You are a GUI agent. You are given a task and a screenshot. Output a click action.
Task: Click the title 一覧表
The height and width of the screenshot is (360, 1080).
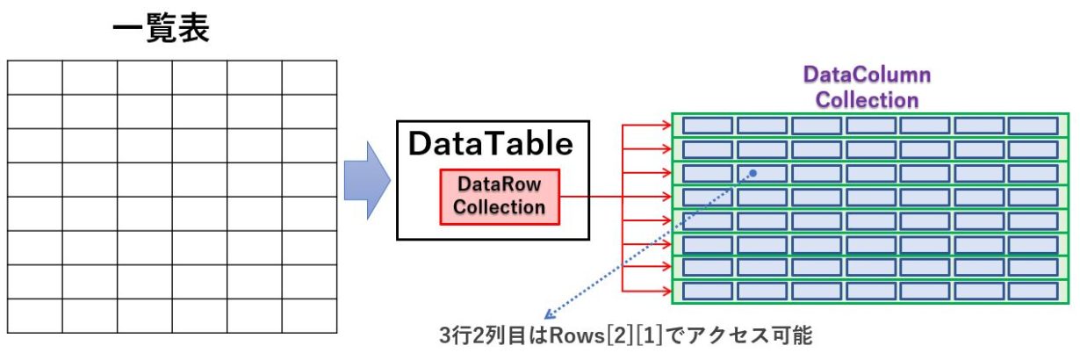[x=160, y=31]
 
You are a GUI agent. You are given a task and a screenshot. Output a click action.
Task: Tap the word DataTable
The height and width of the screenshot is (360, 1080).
[x=490, y=144]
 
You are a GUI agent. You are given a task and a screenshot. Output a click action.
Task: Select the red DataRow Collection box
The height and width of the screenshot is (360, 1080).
[x=500, y=196]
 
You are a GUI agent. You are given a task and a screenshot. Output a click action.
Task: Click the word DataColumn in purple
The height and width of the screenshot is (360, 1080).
[x=867, y=76]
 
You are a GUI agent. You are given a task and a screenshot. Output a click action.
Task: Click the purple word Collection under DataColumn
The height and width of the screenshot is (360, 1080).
[x=867, y=100]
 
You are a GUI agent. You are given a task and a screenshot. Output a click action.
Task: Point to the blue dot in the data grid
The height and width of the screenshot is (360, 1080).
[x=752, y=173]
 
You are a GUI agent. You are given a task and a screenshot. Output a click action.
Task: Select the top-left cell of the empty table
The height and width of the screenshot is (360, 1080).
[x=35, y=77]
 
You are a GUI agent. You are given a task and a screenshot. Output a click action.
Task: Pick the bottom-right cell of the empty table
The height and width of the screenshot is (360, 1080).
[x=309, y=315]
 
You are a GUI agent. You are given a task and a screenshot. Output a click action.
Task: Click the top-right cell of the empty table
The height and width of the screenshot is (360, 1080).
[x=309, y=77]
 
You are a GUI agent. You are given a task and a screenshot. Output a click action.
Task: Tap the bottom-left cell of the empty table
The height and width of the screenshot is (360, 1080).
[x=35, y=315]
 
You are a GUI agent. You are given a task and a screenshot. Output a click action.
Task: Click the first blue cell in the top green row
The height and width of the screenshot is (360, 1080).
[x=707, y=126]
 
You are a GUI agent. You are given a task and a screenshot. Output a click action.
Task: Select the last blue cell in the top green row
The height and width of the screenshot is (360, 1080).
[x=1033, y=126]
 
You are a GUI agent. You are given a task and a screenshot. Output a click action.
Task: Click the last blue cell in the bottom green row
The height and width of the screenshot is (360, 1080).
[x=1033, y=291]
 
